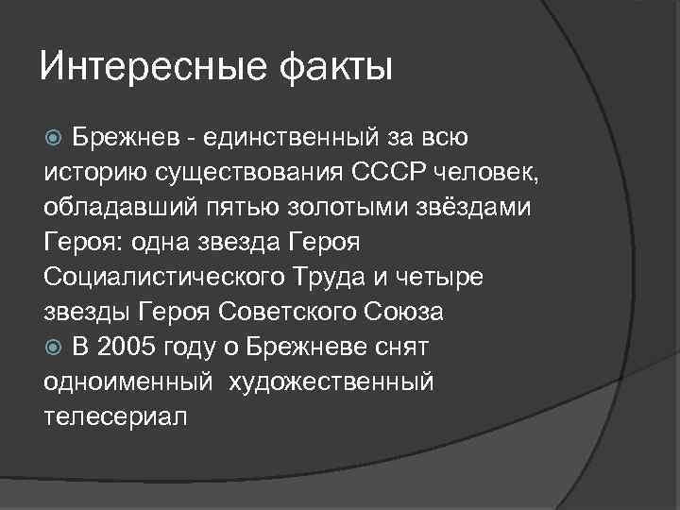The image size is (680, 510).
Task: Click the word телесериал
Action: pyautogui.click(x=116, y=416)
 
